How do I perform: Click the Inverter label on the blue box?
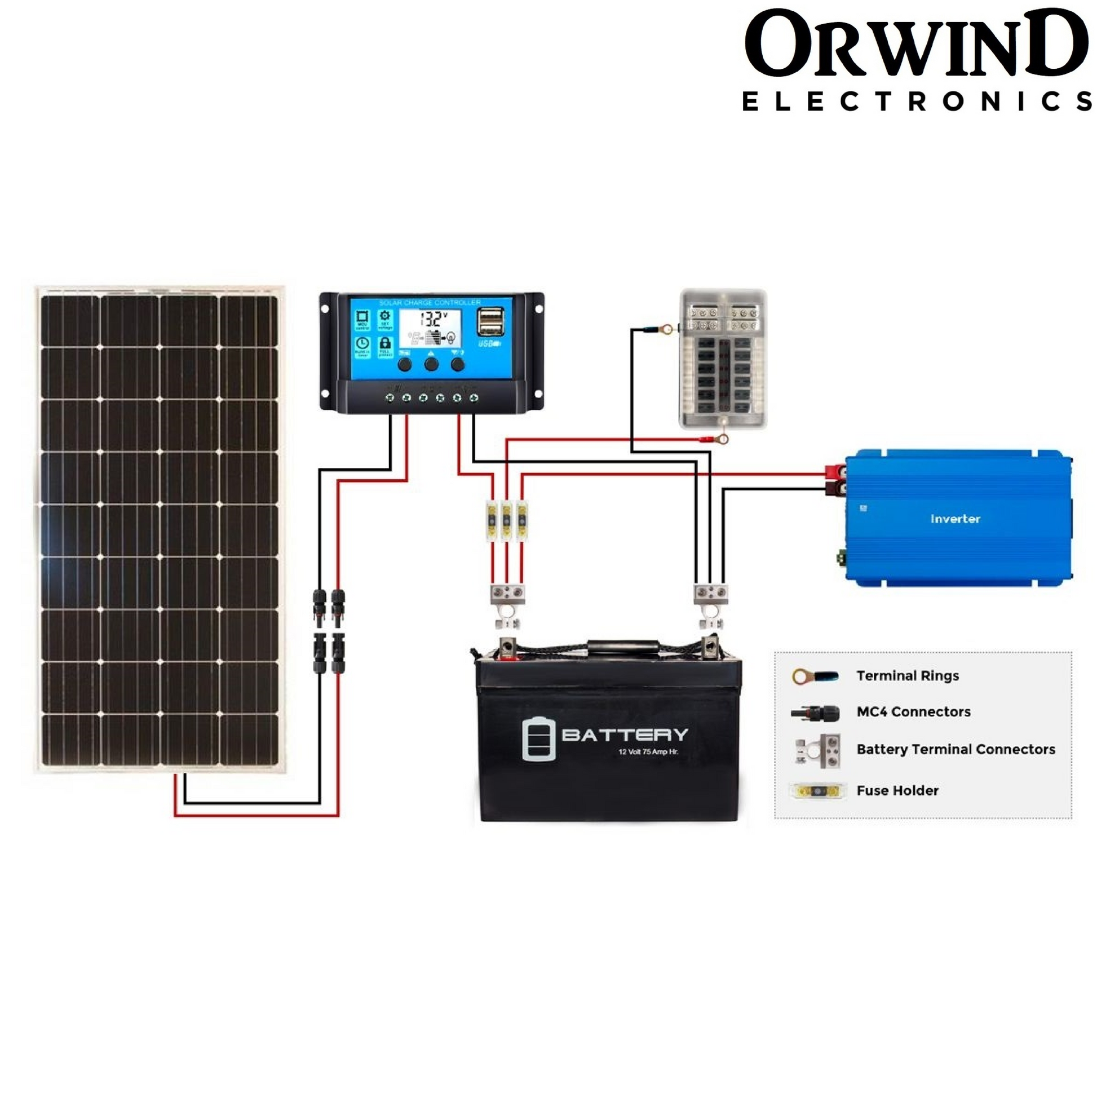(x=955, y=519)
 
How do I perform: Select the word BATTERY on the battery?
(x=625, y=735)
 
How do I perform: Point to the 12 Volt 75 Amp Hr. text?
(x=648, y=752)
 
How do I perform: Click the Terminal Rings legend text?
(x=908, y=676)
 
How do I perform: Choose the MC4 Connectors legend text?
(x=913, y=711)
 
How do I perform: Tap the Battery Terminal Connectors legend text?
(x=956, y=749)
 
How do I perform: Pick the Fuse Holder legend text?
(x=897, y=790)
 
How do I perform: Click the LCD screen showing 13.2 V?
(x=430, y=328)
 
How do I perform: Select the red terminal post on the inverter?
(x=835, y=471)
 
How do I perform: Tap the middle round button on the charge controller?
(x=431, y=364)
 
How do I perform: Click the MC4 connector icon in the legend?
(x=816, y=713)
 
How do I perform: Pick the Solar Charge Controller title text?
(x=429, y=303)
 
